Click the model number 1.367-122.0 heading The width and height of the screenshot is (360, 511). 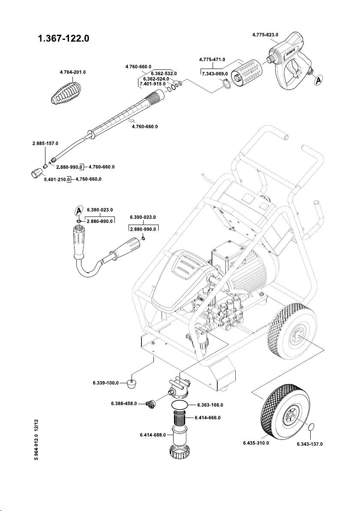click(63, 39)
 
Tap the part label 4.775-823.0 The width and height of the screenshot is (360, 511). click(265, 34)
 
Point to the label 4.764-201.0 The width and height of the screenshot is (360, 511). click(72, 72)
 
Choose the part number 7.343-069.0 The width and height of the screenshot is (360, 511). click(214, 74)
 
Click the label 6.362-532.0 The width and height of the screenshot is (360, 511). click(164, 73)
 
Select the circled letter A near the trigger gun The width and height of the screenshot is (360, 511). click(317, 80)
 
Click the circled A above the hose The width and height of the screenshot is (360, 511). click(78, 210)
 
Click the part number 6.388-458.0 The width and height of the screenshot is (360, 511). click(121, 403)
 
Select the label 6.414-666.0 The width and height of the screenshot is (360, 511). click(207, 417)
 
